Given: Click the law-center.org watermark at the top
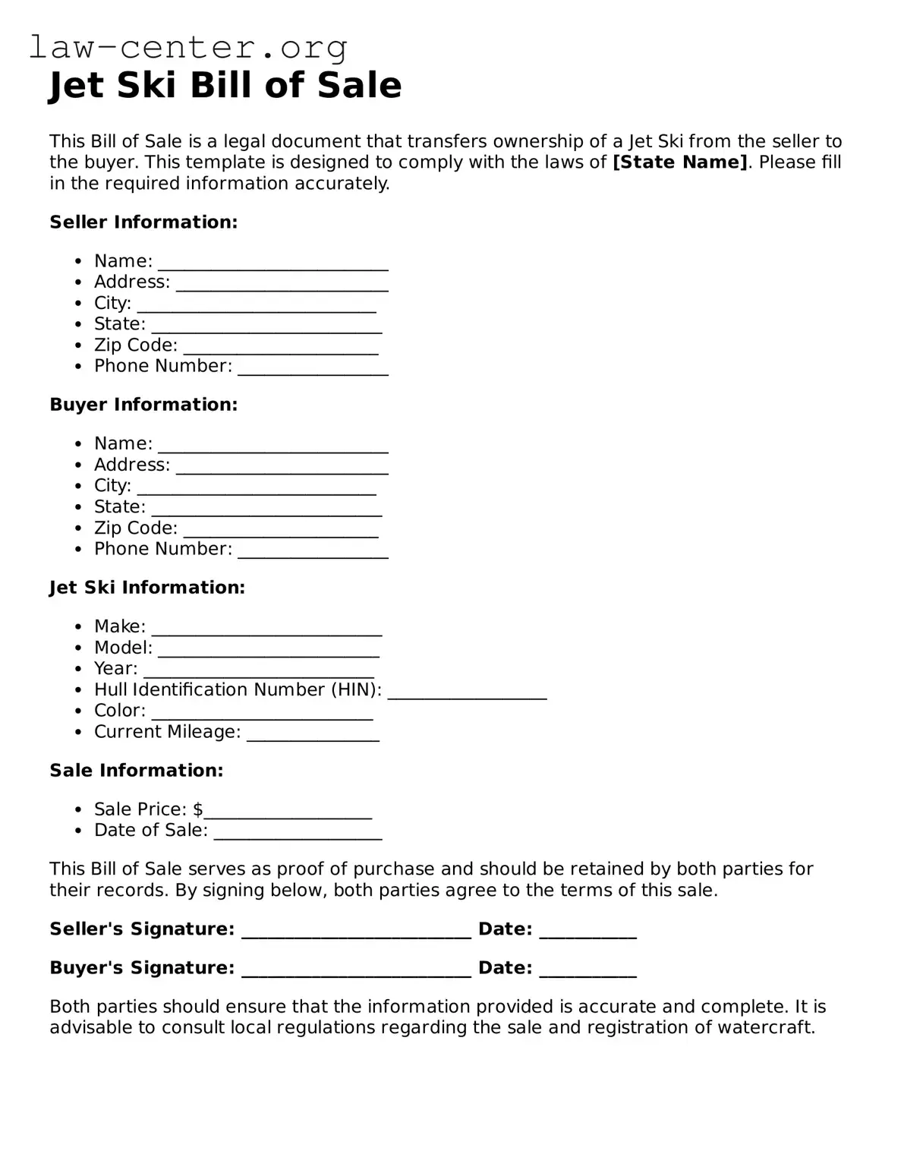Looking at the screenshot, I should tap(188, 48).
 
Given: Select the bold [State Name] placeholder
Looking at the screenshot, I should tap(680, 162).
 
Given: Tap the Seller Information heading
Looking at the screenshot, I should tap(143, 222).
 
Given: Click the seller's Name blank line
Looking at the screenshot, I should tap(273, 266).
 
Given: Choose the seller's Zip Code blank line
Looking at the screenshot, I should tap(281, 350).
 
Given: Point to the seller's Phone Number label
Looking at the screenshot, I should tap(163, 366).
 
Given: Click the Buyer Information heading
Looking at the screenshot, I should tap(143, 405).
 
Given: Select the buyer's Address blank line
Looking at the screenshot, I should tap(282, 470).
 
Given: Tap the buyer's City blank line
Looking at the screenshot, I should tap(257, 491).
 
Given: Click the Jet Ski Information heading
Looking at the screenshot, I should tap(147, 588).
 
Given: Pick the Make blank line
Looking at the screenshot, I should tap(266, 632).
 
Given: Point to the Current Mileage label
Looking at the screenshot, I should tap(167, 732).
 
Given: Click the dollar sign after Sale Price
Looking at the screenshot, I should tap(198, 809).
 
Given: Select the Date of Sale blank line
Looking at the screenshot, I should tap(298, 836).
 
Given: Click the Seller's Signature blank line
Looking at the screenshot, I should tap(356, 935).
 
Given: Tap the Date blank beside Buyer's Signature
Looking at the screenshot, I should tap(587, 973).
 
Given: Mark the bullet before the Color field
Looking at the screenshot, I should tap(78, 711).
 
